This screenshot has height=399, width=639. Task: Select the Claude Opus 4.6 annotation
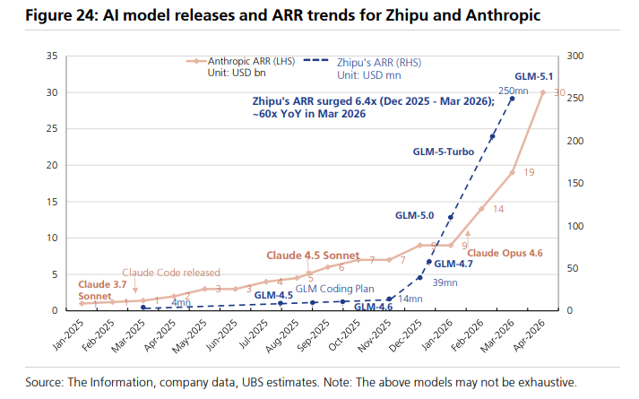point(505,254)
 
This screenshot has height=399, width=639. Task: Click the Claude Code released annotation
point(171,273)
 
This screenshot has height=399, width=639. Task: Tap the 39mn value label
point(445,282)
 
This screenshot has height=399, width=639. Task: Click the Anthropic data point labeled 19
point(512,172)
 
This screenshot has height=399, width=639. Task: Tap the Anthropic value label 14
point(497,209)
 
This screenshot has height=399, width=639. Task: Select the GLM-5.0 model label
point(414,216)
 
